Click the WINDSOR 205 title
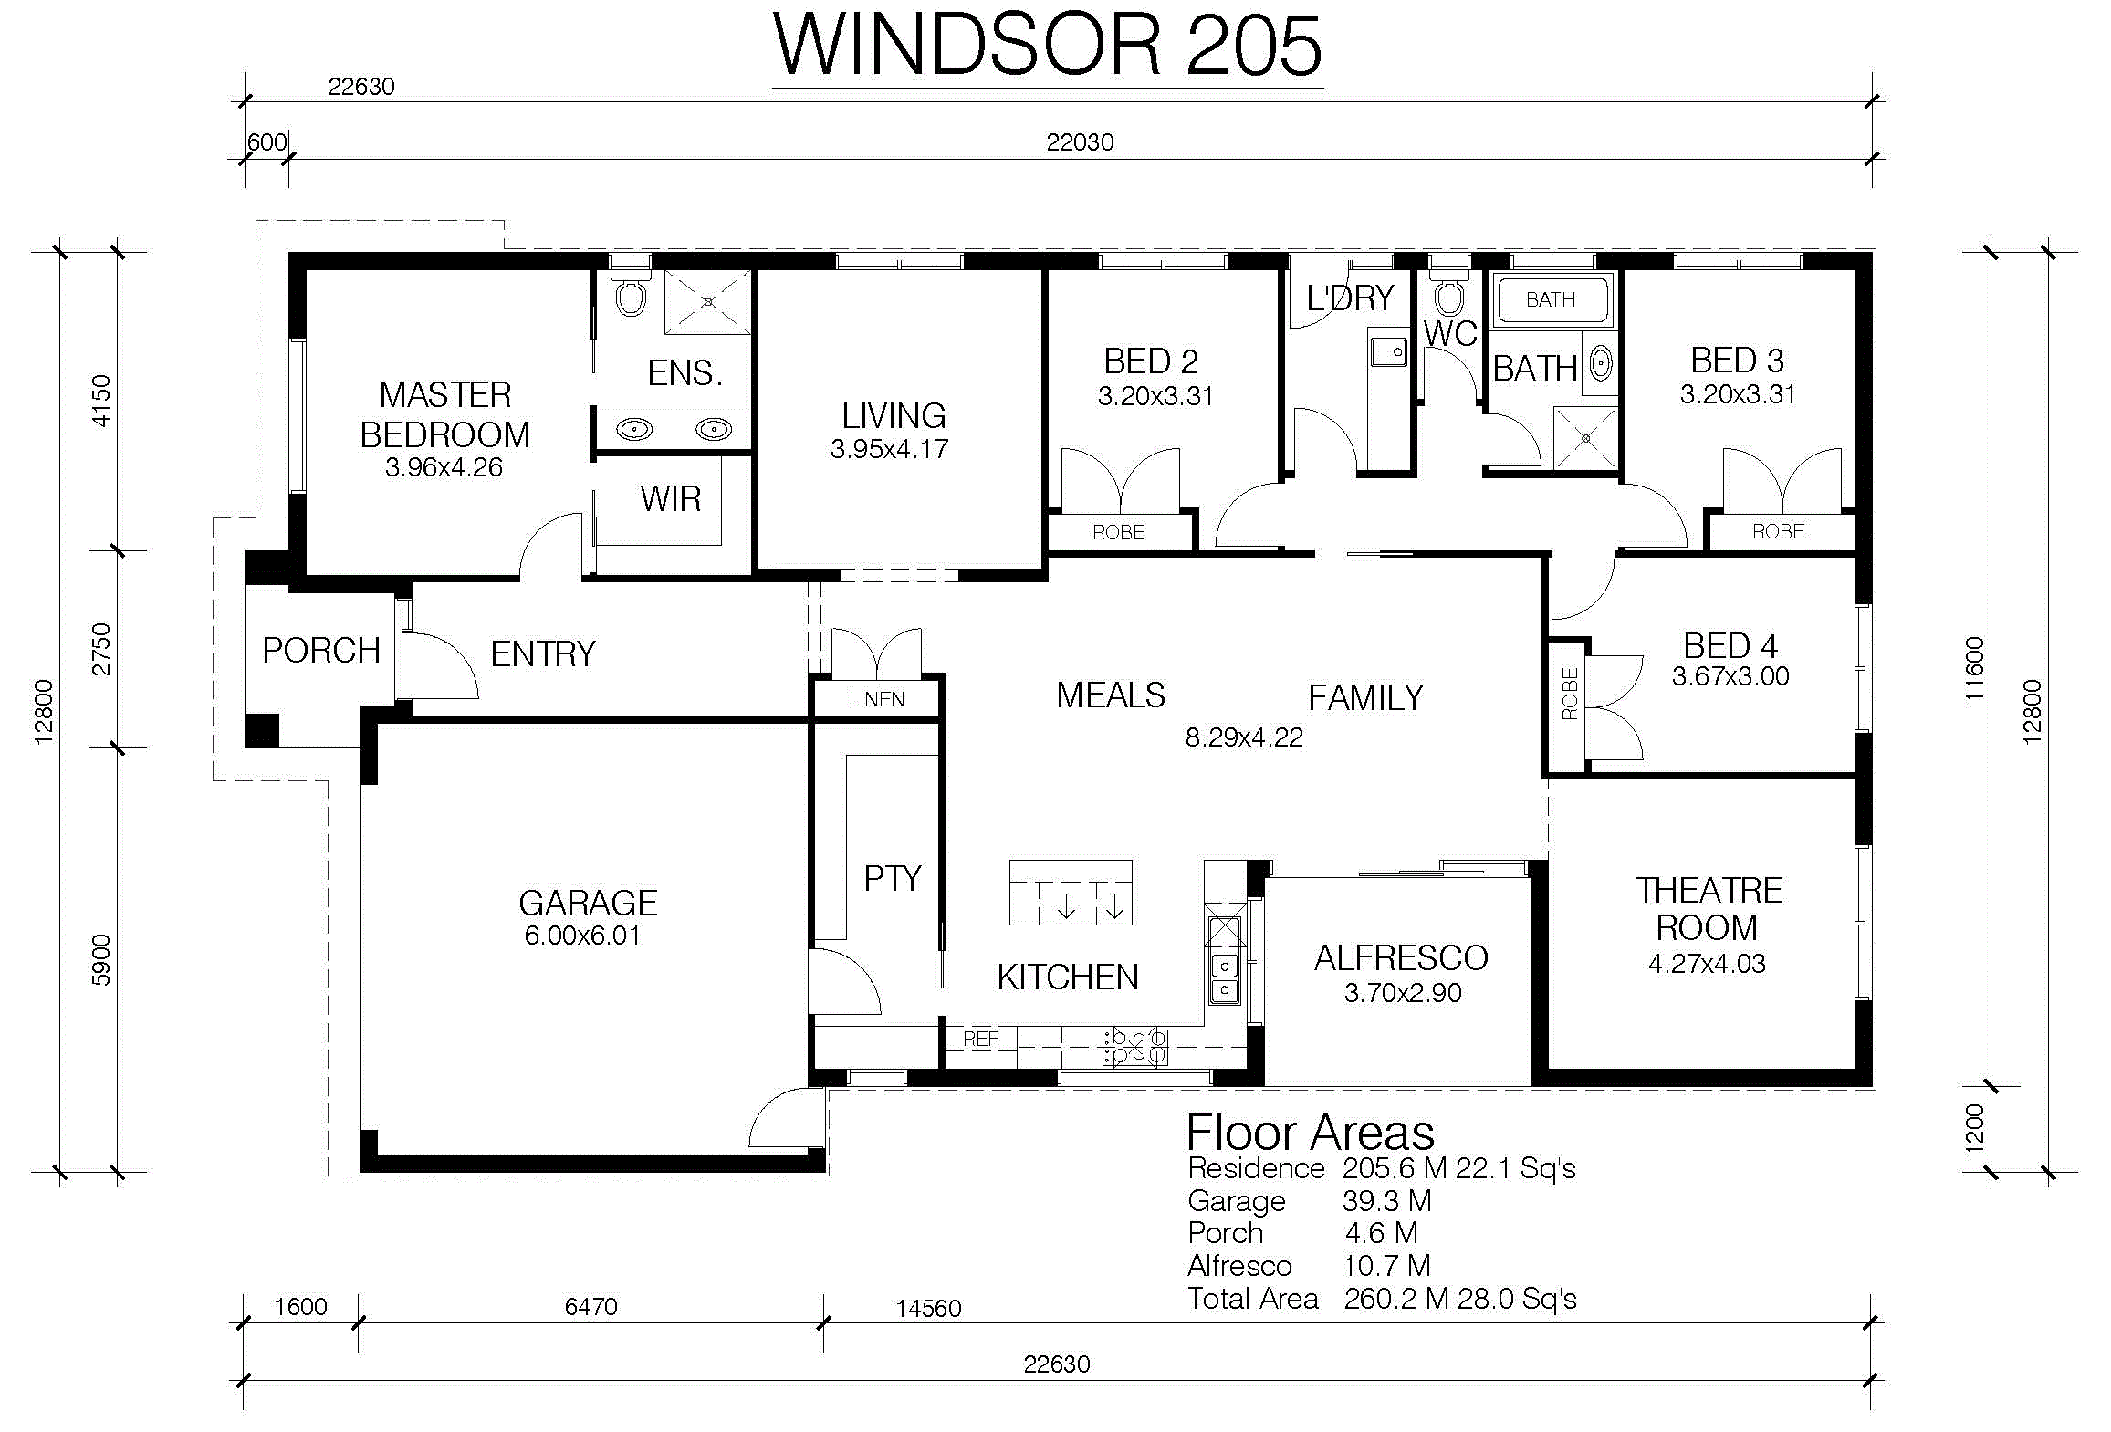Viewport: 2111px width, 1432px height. [x=1048, y=47]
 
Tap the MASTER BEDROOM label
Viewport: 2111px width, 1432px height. [x=445, y=414]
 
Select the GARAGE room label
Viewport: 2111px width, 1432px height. [x=588, y=903]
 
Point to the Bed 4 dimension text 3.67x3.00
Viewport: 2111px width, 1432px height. [x=1730, y=676]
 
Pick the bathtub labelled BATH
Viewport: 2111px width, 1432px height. [x=1552, y=300]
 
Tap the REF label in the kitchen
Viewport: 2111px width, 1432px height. [x=980, y=1039]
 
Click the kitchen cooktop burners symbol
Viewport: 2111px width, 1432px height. [x=1134, y=1047]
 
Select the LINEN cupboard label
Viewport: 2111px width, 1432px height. [x=877, y=699]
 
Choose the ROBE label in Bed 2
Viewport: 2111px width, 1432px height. [x=1119, y=532]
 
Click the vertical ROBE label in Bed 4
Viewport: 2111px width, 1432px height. [x=1570, y=694]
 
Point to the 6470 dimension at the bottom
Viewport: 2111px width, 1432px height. [x=590, y=1307]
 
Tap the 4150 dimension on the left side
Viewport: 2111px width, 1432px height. [x=100, y=401]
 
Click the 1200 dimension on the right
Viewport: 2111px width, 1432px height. [x=1974, y=1129]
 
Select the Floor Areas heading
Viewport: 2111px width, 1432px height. [x=1310, y=1133]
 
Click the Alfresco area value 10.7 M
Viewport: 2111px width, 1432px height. [x=1386, y=1266]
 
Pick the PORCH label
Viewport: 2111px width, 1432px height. [x=321, y=651]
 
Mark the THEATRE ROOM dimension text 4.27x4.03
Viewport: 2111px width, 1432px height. [x=1707, y=964]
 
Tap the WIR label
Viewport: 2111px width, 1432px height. [x=671, y=499]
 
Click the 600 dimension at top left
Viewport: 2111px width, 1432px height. [x=267, y=142]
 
